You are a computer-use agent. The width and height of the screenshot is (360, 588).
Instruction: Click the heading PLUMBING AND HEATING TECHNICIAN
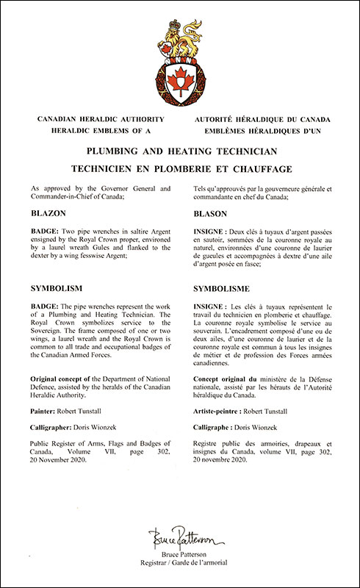coord(180,151)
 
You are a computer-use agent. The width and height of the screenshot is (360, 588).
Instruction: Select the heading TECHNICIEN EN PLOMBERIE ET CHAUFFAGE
coord(180,168)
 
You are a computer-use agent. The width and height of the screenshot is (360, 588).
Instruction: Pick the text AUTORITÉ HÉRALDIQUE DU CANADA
coord(262,119)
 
